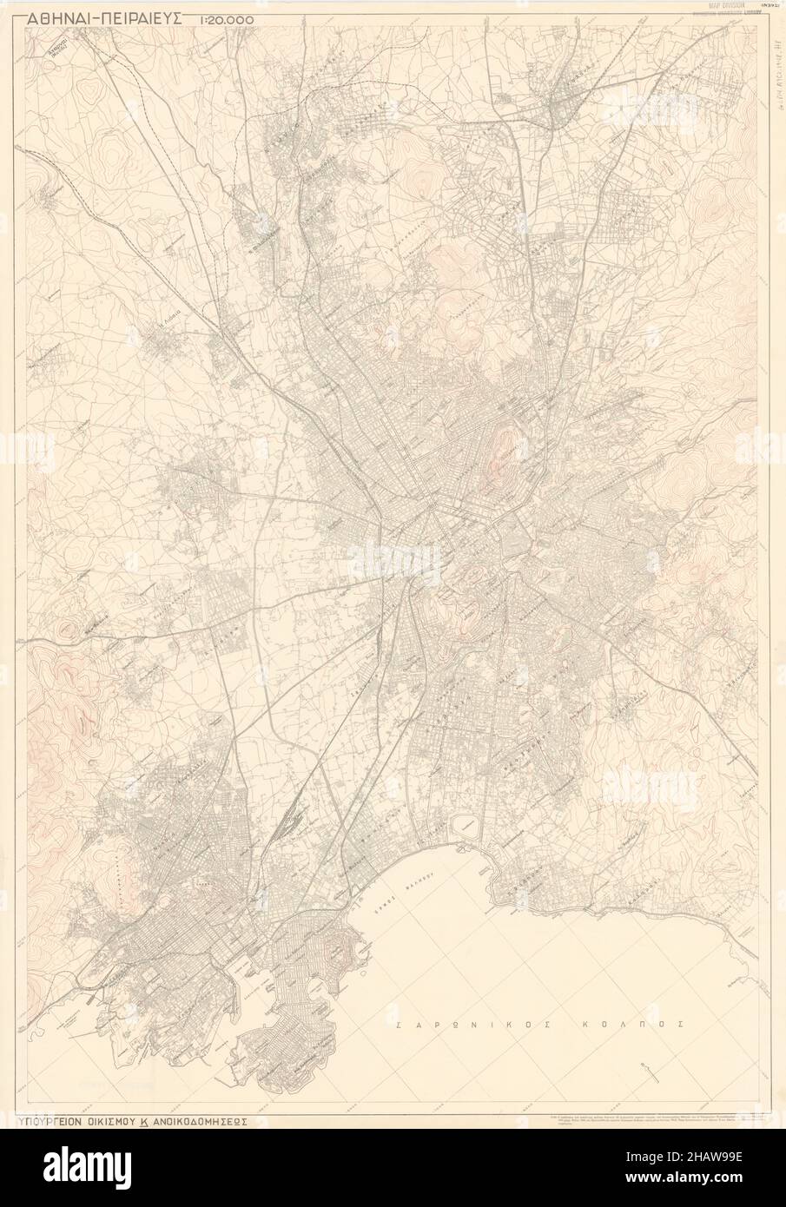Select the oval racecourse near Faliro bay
click(465, 823)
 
